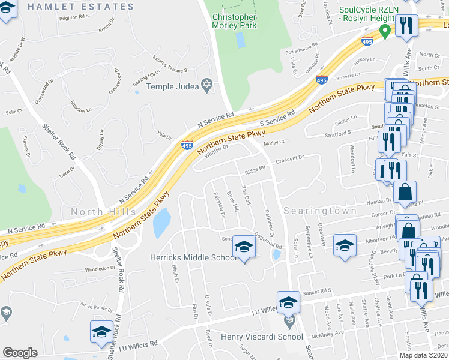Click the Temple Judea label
172,86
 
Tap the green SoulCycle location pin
388,30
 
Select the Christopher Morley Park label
234,21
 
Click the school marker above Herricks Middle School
244,247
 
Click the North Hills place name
98,212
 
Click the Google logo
20,353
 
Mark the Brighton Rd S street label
74,17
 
